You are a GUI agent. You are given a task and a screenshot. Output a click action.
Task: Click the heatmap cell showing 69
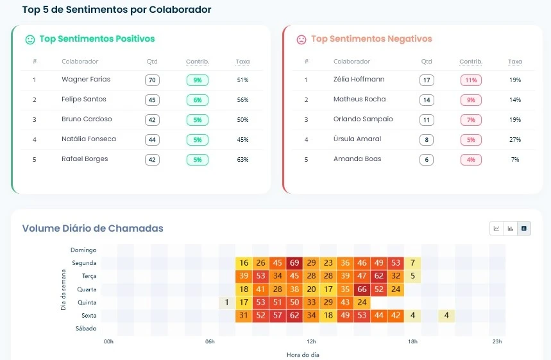pos(294,263)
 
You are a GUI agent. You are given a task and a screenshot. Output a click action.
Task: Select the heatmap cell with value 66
pos(362,289)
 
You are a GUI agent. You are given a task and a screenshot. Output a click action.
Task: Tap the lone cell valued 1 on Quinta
pos(227,302)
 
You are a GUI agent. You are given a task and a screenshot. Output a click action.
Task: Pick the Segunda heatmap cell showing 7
pos(413,263)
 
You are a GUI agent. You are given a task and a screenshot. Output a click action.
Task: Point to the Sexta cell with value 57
pos(278,316)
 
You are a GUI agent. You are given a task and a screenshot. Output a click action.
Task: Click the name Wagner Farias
pos(86,80)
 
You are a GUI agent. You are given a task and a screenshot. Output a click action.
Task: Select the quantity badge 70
pos(152,80)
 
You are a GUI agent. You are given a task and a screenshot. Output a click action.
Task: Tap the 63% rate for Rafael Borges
pos(242,160)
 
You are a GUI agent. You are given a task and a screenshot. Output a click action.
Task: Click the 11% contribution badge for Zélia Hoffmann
pos(471,80)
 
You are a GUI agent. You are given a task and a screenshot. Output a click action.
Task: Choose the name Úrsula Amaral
pos(357,139)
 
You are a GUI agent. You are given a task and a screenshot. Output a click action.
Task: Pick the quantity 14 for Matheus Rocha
pos(427,100)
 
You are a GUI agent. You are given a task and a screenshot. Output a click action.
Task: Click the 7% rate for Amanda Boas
pos(515,160)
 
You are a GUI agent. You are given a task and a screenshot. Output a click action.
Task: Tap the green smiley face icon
pos(30,40)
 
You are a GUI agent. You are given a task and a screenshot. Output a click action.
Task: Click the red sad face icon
pos(301,40)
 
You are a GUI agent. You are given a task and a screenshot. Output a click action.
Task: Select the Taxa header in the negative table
pos(515,62)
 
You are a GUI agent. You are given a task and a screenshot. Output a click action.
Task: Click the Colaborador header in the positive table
pos(80,62)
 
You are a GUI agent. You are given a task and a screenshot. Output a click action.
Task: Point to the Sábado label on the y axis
pos(86,329)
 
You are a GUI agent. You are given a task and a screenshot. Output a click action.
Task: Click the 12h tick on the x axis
pos(312,342)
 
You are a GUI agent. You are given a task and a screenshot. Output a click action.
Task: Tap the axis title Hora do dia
pos(303,354)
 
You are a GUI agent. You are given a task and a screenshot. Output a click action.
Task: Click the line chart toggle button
pos(496,228)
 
